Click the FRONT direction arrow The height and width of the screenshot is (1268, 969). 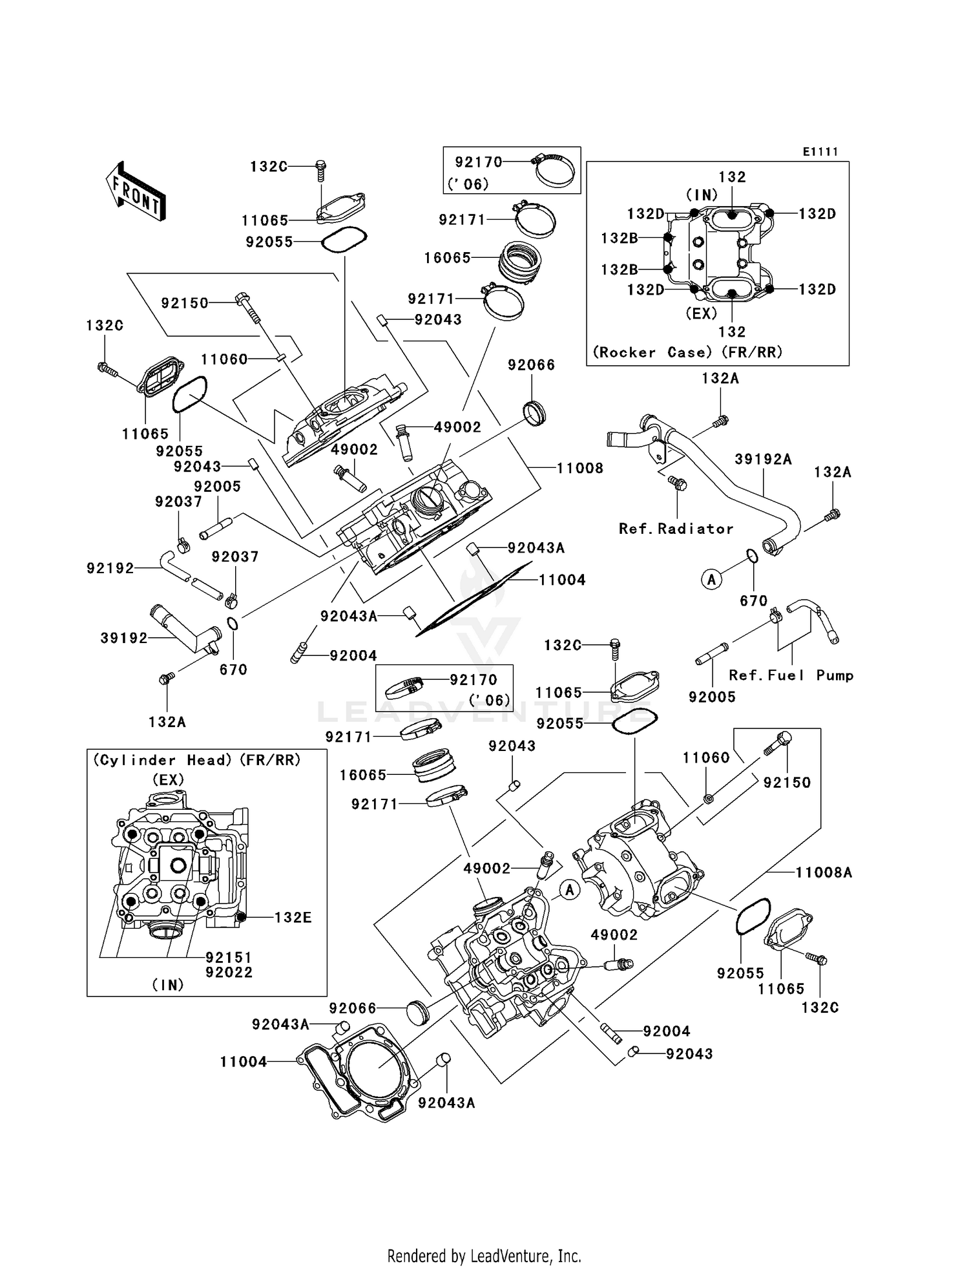coord(136,193)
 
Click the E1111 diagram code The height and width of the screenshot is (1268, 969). coord(820,151)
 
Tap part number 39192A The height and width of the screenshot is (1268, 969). coord(763,459)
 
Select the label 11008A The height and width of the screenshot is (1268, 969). coord(823,872)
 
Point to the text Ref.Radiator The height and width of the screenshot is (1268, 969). coord(676,529)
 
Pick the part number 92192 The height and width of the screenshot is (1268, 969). coord(110,568)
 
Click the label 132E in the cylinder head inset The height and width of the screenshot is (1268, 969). coord(293,917)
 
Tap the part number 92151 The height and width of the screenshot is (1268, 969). coord(229,957)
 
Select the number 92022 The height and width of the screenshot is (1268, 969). coord(229,972)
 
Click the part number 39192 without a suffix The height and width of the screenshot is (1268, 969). coord(124,638)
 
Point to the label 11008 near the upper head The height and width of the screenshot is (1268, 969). coord(579,468)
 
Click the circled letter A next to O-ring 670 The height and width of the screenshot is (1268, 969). coord(711,580)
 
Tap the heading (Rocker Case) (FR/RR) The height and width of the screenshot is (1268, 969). coord(687,352)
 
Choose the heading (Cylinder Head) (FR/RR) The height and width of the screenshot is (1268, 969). coord(197,760)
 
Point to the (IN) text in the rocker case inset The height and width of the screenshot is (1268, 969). coord(702,195)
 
